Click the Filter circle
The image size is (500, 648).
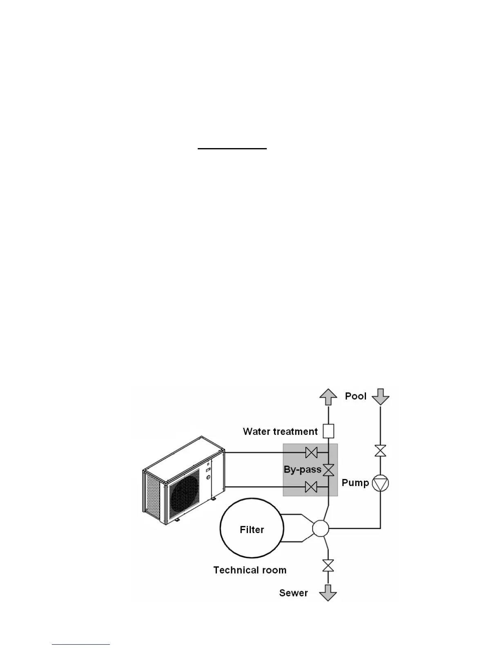tap(252, 529)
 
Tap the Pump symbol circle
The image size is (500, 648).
tap(380, 483)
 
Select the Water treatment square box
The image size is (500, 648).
tap(328, 431)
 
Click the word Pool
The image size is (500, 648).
tap(355, 396)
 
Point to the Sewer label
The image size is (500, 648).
tap(293, 593)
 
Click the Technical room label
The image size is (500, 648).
tap(250, 570)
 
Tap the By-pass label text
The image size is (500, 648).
tap(302, 469)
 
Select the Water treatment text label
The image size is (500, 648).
tap(280, 431)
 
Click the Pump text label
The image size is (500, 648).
tap(355, 483)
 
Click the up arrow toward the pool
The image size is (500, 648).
tap(328, 397)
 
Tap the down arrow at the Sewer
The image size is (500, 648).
tap(328, 592)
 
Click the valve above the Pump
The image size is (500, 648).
tap(380, 451)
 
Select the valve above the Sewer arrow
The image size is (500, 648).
tap(328, 566)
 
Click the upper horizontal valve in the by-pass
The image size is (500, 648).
tap(312, 452)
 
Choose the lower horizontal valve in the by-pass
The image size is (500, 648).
tap(312, 487)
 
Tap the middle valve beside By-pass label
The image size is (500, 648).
tap(328, 470)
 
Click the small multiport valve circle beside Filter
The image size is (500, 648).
tap(320, 529)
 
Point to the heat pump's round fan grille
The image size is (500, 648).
tap(185, 494)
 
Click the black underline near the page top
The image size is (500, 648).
tap(232, 149)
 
